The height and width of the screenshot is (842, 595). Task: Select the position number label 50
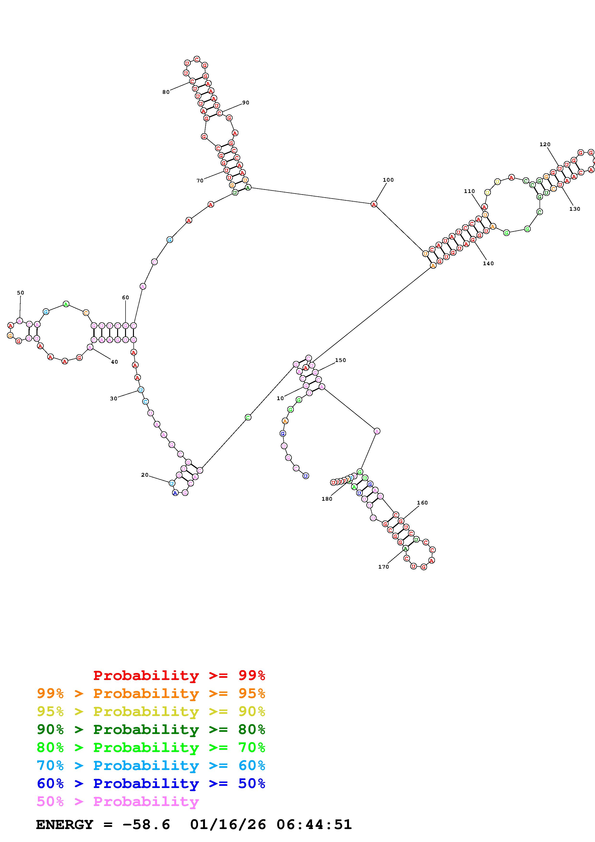pos(21,293)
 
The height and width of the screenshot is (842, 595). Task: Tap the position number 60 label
pos(125,297)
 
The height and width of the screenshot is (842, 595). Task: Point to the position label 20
pos(145,475)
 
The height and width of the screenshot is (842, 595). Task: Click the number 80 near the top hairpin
pos(166,92)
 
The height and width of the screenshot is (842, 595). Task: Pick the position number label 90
pos(246,103)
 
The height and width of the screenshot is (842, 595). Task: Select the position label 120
pos(545,144)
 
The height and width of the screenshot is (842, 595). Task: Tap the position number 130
pos(574,209)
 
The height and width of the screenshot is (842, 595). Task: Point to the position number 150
pos(341,360)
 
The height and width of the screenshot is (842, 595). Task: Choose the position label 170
pos(384,567)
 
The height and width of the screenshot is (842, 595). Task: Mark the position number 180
pos(327,499)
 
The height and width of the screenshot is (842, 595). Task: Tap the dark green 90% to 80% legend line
pos(151,729)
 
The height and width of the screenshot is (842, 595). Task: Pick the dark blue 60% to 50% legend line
pos(151,783)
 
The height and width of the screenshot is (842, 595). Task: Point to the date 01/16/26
pos(228,825)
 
